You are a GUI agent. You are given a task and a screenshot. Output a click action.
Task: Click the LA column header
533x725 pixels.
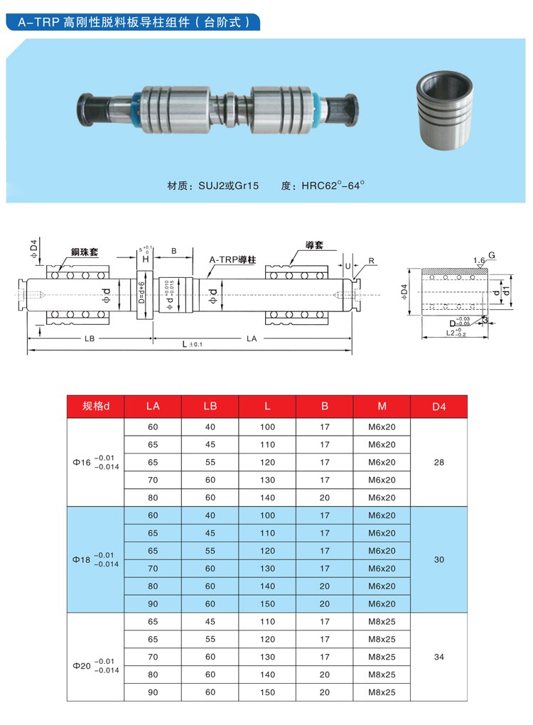[153, 407]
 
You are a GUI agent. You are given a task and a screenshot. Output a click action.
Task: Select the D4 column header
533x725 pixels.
[438, 407]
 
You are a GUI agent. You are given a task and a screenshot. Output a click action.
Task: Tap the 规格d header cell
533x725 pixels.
[95, 407]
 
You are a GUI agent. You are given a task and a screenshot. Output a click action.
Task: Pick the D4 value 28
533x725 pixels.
[438, 462]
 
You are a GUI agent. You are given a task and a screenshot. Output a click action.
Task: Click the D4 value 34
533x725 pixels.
[438, 657]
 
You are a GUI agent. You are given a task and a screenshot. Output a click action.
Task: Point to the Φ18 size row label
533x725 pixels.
[95, 559]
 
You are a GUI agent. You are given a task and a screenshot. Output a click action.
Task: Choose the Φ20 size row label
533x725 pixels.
[95, 666]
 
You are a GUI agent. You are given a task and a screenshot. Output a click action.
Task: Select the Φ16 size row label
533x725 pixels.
[95, 462]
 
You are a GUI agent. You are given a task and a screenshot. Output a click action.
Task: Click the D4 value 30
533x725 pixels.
[438, 559]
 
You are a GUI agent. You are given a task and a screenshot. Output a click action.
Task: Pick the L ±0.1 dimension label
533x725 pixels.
[192, 344]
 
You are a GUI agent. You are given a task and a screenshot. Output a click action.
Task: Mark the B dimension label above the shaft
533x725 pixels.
[174, 251]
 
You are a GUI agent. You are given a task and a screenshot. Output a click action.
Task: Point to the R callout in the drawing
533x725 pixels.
[372, 261]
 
